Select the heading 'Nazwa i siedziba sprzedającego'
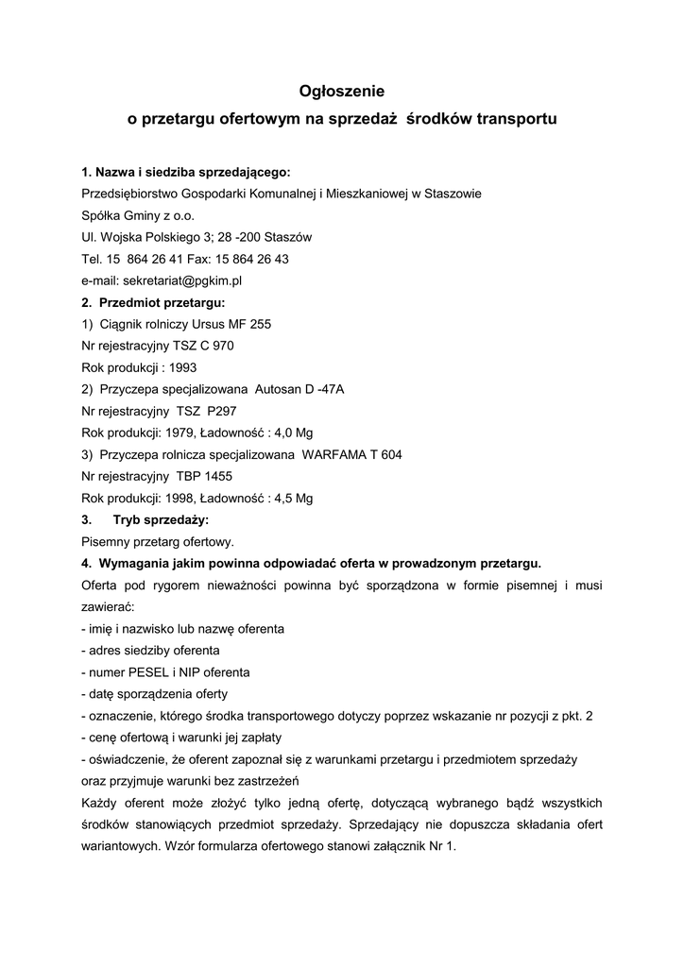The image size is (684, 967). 192,172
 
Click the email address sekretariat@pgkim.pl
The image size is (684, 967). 177,280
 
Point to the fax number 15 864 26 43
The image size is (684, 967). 249,259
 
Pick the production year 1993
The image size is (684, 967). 182,367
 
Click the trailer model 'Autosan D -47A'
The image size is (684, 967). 299,389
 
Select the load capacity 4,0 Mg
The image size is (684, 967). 291,433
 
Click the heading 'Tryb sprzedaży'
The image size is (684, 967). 161,519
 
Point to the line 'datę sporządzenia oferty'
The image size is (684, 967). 145,693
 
